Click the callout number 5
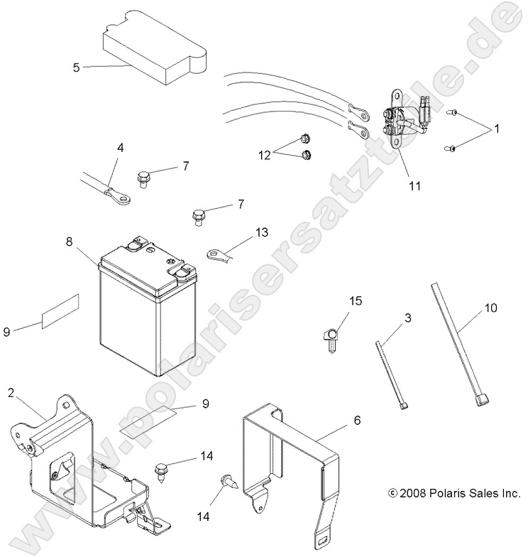pyautogui.click(x=76, y=67)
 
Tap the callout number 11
pyautogui.click(x=414, y=186)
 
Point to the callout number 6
pyautogui.click(x=357, y=421)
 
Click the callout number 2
pyautogui.click(x=11, y=392)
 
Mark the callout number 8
pyautogui.click(x=70, y=242)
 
